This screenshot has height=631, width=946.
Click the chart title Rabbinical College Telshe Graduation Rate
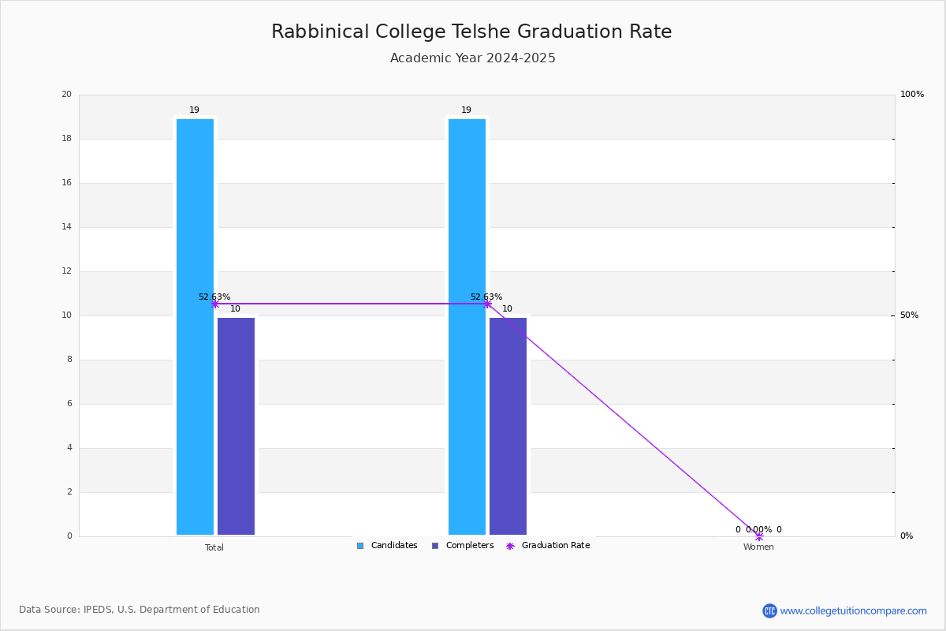[x=471, y=32]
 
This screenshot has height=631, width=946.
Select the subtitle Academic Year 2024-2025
[x=472, y=58]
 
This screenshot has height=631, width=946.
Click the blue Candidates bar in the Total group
[x=196, y=327]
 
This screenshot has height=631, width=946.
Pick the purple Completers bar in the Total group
[x=236, y=426]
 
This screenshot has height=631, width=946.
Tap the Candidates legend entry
[x=387, y=545]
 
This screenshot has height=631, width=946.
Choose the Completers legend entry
[x=463, y=545]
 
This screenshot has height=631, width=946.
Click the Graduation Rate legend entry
[x=548, y=545]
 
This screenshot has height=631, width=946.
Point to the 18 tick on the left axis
[x=67, y=138]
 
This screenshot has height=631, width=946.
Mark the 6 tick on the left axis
[x=69, y=403]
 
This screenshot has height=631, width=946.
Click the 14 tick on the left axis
[x=67, y=226]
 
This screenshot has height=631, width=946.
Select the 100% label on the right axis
[x=912, y=94]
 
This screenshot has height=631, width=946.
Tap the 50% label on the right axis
[x=909, y=315]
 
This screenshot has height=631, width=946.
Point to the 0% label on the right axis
[x=907, y=536]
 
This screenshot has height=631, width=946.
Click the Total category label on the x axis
[x=214, y=547]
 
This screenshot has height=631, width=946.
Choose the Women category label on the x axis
[x=758, y=547]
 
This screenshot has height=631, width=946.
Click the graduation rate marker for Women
[x=759, y=536]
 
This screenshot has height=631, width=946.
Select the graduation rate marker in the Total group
[x=215, y=304]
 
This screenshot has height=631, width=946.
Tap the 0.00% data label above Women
[x=758, y=529]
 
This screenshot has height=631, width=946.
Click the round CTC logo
[x=769, y=610]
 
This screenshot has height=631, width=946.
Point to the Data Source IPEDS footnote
[x=140, y=610]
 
